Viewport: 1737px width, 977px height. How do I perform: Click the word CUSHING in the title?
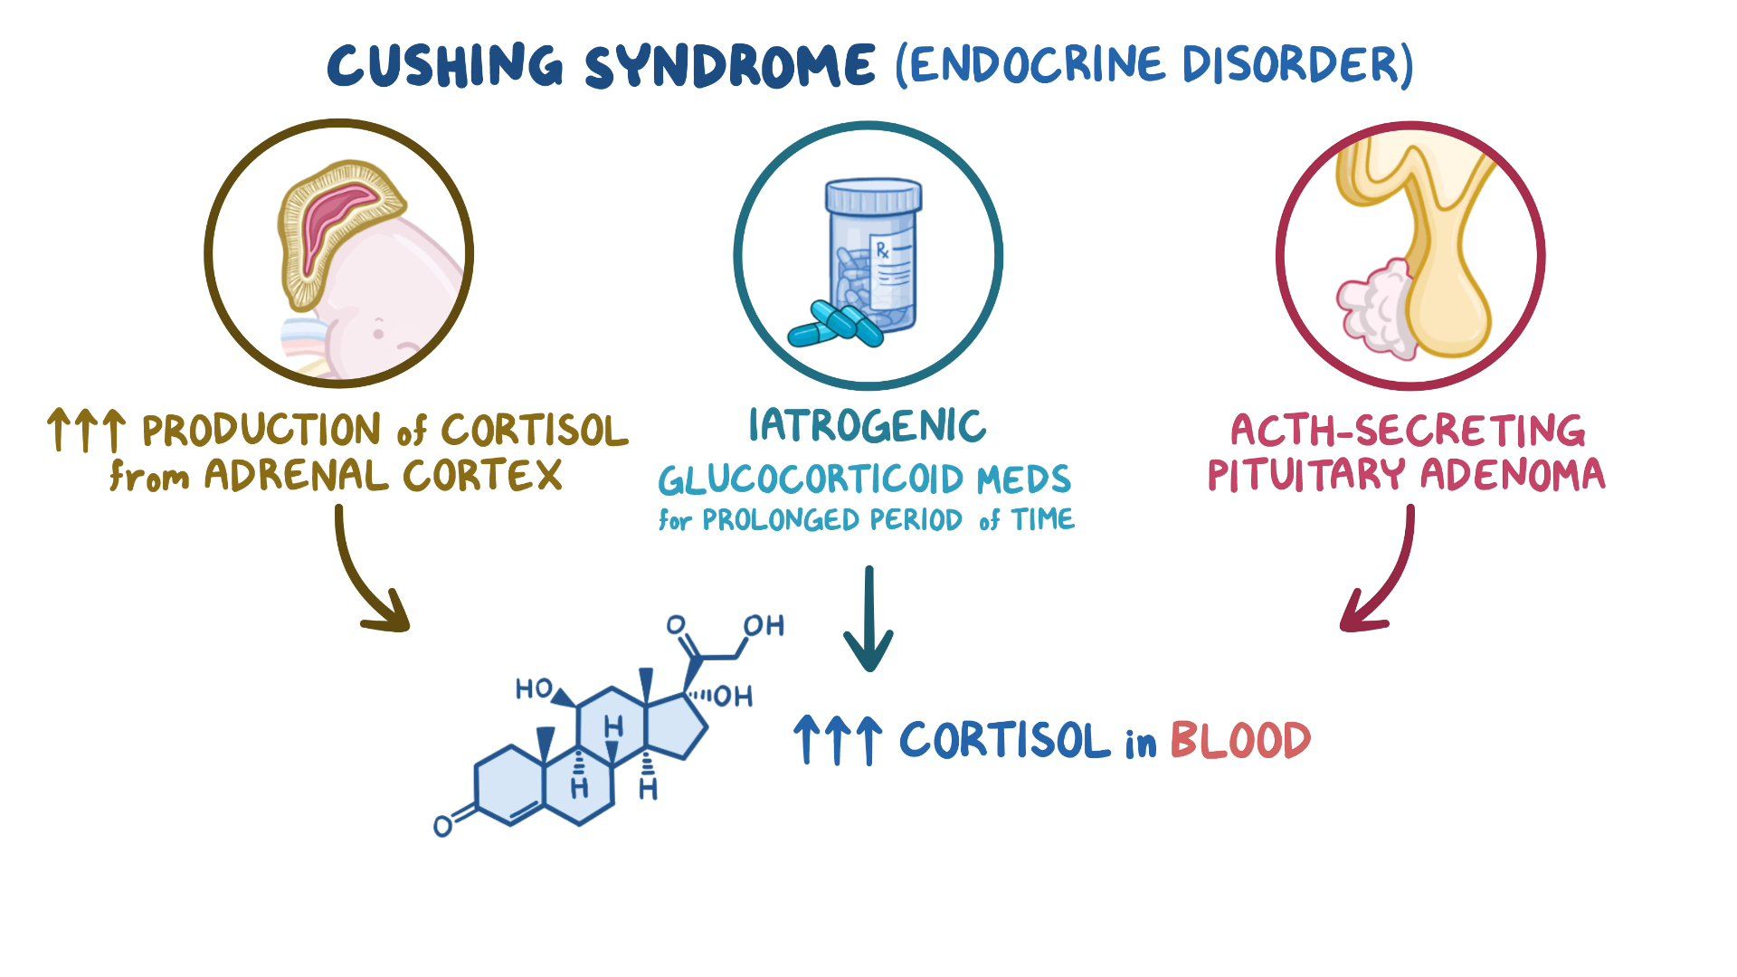(x=445, y=65)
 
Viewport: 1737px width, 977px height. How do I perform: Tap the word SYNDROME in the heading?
(x=730, y=65)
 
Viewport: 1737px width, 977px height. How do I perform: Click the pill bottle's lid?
(x=873, y=195)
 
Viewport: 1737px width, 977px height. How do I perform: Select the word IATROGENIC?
(x=867, y=426)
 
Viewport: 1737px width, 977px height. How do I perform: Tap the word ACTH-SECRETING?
(x=1408, y=431)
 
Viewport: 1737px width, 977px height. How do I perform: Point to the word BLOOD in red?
(x=1239, y=741)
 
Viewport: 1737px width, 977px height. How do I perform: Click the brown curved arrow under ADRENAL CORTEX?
(x=362, y=579)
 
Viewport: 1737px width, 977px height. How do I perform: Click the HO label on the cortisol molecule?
(x=533, y=689)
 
